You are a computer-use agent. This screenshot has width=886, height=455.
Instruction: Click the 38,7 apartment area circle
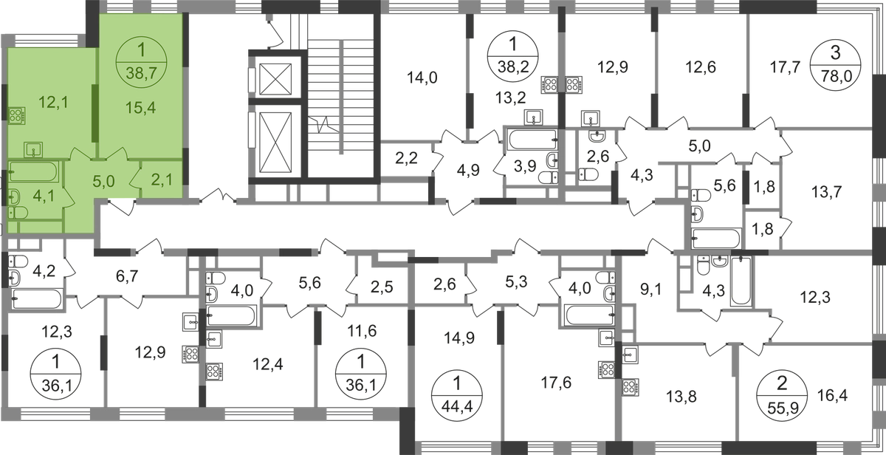[x=142, y=64]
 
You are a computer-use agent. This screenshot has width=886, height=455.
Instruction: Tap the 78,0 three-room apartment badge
[x=835, y=64]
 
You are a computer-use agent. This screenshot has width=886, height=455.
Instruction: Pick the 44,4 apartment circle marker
[x=457, y=395]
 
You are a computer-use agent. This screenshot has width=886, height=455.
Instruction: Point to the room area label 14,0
[x=422, y=78]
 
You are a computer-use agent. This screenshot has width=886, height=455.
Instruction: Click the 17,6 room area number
[x=556, y=383]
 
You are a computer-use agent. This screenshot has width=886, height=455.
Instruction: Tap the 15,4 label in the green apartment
[x=140, y=108]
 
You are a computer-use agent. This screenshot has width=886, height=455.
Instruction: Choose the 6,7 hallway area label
[x=127, y=276]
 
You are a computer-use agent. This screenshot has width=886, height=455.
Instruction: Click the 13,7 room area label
[x=826, y=192]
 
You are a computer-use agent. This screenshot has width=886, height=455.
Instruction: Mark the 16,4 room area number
[x=832, y=395]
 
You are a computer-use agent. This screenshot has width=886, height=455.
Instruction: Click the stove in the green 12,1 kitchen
[x=17, y=115]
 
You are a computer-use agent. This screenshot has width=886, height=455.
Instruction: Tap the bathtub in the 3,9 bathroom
[x=533, y=139]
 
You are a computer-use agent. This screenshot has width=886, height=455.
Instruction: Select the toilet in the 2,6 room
[x=588, y=174]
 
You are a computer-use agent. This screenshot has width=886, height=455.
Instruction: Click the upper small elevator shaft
[x=275, y=79]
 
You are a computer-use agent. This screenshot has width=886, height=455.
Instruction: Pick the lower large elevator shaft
[x=275, y=141]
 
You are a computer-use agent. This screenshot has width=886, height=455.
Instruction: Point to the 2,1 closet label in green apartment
[x=162, y=180]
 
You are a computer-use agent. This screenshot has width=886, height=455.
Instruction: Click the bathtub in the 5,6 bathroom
[x=715, y=238]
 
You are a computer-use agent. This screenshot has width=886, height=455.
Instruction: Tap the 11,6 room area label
[x=362, y=331]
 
